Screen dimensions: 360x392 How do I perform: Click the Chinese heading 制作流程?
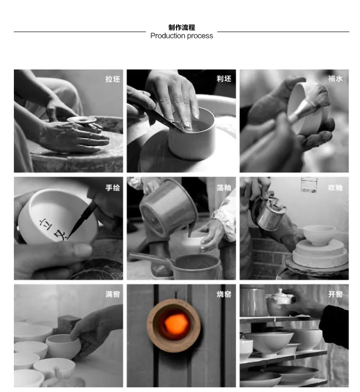click(x=181, y=27)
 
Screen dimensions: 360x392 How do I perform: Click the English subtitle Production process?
click(x=181, y=36)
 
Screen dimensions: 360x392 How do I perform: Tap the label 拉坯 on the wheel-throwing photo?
click(x=113, y=79)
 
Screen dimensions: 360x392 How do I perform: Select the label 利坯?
click(x=224, y=79)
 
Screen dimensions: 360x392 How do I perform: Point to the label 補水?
click(x=335, y=79)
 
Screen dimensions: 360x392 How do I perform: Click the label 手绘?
click(x=113, y=188)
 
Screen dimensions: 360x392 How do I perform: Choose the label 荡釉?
click(x=224, y=188)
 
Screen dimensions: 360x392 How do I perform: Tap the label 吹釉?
click(x=335, y=188)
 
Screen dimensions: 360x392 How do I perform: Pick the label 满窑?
click(x=113, y=294)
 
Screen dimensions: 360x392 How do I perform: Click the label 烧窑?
click(x=224, y=294)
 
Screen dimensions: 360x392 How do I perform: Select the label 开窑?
click(x=335, y=294)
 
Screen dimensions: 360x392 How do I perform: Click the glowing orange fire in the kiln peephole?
click(x=176, y=324)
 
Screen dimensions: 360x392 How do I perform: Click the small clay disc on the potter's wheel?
click(x=82, y=119)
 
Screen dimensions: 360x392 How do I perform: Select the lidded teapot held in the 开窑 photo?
click(x=279, y=302)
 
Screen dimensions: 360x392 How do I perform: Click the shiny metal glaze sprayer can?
click(x=268, y=213)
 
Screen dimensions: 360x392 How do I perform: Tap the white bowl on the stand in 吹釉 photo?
click(x=319, y=235)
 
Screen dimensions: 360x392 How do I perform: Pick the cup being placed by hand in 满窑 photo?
click(x=63, y=346)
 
